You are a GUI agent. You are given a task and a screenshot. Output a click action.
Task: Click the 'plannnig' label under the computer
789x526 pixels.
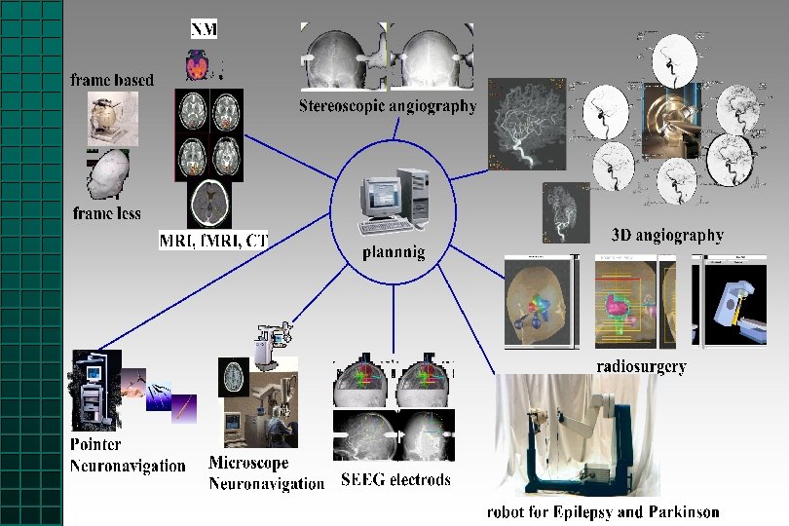(x=393, y=252)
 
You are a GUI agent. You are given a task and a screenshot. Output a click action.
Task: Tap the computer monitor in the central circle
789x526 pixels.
(x=381, y=195)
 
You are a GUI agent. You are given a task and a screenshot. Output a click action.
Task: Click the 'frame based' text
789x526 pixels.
(x=112, y=80)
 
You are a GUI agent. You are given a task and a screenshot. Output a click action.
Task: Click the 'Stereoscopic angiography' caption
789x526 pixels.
(x=387, y=105)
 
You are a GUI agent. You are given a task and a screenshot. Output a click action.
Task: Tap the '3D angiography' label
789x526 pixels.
(x=667, y=235)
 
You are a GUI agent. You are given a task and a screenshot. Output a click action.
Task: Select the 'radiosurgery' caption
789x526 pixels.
(x=641, y=367)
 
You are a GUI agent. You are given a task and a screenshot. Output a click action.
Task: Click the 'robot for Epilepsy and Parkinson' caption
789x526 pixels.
(x=603, y=511)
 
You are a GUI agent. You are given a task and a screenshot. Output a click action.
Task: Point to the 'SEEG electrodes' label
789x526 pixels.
(x=395, y=479)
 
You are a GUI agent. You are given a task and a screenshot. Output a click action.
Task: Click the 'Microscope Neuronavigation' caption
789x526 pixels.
(x=265, y=473)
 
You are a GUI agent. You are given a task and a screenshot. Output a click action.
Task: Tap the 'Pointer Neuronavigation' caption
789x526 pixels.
(x=127, y=456)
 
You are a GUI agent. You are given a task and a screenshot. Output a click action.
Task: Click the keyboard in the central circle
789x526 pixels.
(x=385, y=227)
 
